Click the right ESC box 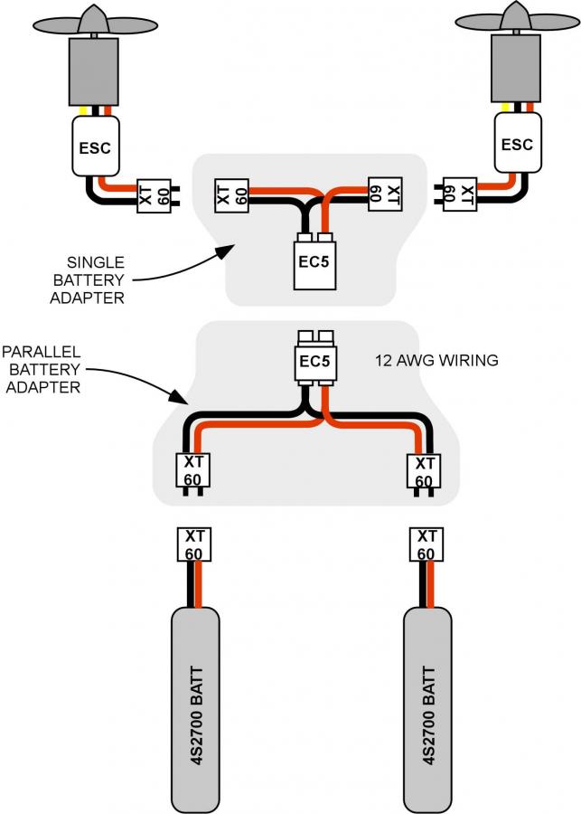(518, 143)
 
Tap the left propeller (95, 22)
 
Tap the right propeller (517, 19)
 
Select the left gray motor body (94, 71)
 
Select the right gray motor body (516, 68)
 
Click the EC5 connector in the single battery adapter (314, 261)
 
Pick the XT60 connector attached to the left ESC (158, 195)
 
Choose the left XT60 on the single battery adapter (231, 195)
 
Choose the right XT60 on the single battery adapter (385, 194)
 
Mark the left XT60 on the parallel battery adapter (193, 473)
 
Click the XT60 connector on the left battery (194, 544)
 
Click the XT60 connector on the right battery (426, 544)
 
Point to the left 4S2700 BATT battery (195, 710)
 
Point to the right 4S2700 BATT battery (427, 710)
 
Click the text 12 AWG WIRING (436, 360)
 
